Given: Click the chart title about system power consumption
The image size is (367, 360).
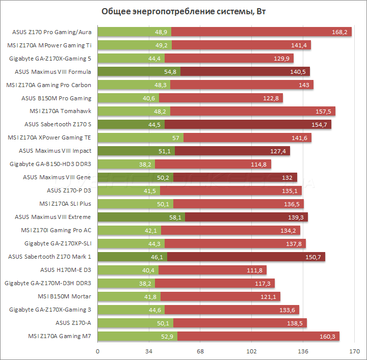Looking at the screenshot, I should coord(184,11).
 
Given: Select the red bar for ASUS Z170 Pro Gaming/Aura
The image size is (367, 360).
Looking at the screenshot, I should coord(255,32).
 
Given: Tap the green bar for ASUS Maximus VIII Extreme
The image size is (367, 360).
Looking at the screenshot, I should coord(141,217).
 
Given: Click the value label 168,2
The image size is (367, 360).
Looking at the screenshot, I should coord(339,32).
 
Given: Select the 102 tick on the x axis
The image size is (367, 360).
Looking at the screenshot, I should coord(252,351).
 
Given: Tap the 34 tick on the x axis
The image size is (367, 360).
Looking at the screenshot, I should coord(149,351).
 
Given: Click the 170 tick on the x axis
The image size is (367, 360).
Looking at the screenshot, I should coord(355,351).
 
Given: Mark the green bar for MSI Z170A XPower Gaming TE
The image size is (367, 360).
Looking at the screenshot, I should coord(140,137).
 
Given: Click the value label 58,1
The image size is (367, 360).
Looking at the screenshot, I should coord(175,217).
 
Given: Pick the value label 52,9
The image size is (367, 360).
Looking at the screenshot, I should coord(168,336).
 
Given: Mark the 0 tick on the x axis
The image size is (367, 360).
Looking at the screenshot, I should coord(97,351).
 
